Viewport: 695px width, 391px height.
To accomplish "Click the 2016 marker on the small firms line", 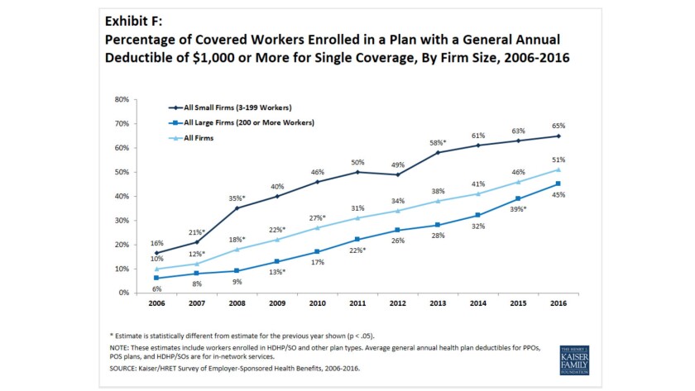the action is point(558,136).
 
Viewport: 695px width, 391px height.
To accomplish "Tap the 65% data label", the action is point(558,126).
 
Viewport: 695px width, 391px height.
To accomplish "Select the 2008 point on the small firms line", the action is point(237,208).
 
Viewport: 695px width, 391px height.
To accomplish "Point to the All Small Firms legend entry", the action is point(230,107).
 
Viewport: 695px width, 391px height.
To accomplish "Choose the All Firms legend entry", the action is point(191,138).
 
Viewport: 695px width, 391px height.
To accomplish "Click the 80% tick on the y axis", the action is point(122,100).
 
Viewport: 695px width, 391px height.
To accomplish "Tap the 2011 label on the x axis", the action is point(357,303).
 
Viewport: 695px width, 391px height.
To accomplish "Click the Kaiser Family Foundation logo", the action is point(574,360).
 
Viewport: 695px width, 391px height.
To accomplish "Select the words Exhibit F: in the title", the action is point(133,21).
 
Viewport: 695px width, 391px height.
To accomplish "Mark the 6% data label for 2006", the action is point(156,289).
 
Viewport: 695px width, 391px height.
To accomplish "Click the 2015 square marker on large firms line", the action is point(518,198).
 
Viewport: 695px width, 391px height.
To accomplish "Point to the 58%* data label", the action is point(438,142).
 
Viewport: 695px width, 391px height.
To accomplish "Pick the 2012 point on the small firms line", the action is point(398,174).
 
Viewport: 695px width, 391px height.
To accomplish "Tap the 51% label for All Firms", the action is point(558,160).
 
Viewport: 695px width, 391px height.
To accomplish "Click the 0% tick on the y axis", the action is point(123,293).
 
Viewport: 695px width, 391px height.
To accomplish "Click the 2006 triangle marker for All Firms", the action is point(156,269).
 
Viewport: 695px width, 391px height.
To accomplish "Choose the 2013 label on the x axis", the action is point(438,303).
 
